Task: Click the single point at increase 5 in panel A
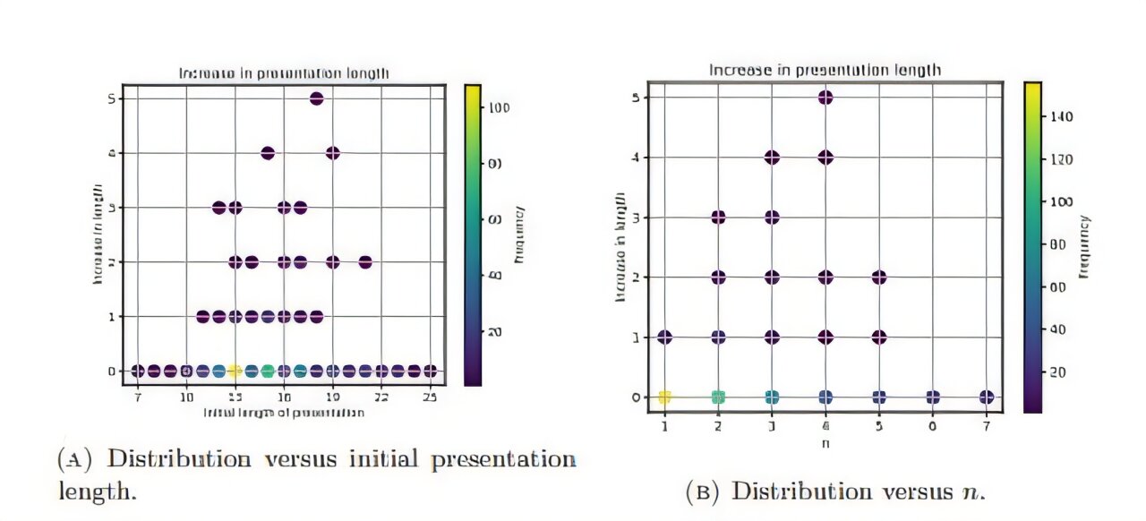point(316,98)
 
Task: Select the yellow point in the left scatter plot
point(235,371)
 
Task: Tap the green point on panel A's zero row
point(267,371)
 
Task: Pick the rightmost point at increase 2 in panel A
point(365,262)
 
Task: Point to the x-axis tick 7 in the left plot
point(138,394)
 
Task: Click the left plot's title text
point(284,73)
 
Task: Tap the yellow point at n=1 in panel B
point(664,397)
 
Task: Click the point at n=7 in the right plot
point(987,397)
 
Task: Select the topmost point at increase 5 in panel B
point(825,98)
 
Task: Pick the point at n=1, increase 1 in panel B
point(664,337)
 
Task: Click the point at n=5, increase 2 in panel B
point(879,278)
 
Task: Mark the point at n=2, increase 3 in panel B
point(718,218)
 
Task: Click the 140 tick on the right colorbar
point(1066,116)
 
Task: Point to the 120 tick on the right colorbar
point(1066,159)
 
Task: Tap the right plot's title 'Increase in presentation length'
point(825,70)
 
